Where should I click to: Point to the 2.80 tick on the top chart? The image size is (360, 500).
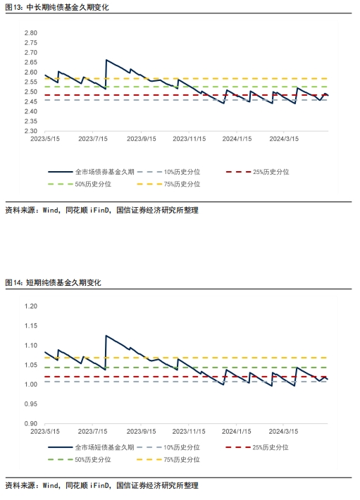point(30,33)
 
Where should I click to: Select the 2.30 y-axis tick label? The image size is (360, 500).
point(30,130)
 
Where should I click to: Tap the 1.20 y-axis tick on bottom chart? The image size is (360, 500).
point(30,306)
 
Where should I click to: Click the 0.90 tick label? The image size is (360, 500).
point(30,424)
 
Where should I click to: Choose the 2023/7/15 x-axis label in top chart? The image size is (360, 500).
point(92,139)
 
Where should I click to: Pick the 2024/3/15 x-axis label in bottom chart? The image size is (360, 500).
point(285,432)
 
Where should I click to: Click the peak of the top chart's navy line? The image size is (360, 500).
point(106,61)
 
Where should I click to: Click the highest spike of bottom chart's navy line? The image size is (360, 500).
point(106,336)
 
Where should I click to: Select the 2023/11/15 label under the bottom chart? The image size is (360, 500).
point(189,432)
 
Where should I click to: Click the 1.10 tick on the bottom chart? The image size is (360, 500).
point(30,345)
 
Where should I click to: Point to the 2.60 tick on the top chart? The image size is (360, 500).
point(30,72)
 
